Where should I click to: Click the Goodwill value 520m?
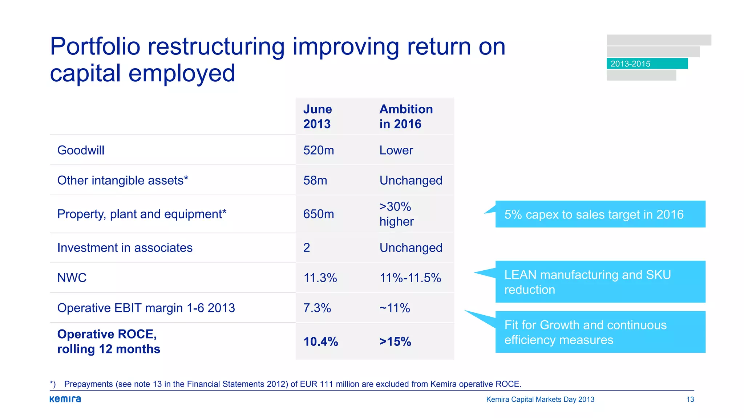tap(319, 150)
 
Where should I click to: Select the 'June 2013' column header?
tap(318, 116)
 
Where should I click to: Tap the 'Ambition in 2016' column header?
tap(406, 116)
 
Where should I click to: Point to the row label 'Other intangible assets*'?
tap(123, 180)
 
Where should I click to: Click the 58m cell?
tap(315, 180)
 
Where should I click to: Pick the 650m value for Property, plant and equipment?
tap(319, 214)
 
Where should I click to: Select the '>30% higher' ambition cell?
tap(396, 214)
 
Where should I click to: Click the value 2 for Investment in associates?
tap(307, 247)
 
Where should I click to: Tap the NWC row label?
tap(72, 278)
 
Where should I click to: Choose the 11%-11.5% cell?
tap(410, 278)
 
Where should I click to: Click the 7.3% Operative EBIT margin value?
tap(317, 308)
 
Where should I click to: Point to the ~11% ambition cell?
tap(395, 308)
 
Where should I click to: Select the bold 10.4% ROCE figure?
tap(321, 341)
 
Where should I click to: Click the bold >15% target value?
tap(395, 341)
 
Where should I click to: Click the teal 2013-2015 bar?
tap(647, 63)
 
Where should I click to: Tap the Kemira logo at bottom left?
tap(65, 399)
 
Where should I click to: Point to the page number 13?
tap(690, 399)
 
